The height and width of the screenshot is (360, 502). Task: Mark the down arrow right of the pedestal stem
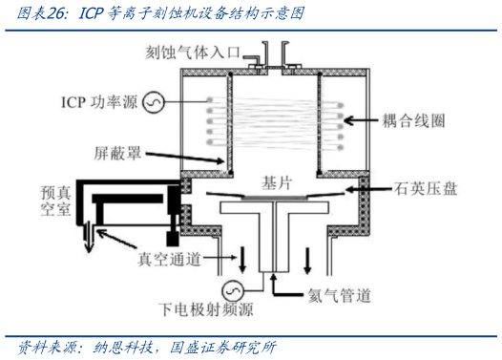click(306, 259)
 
